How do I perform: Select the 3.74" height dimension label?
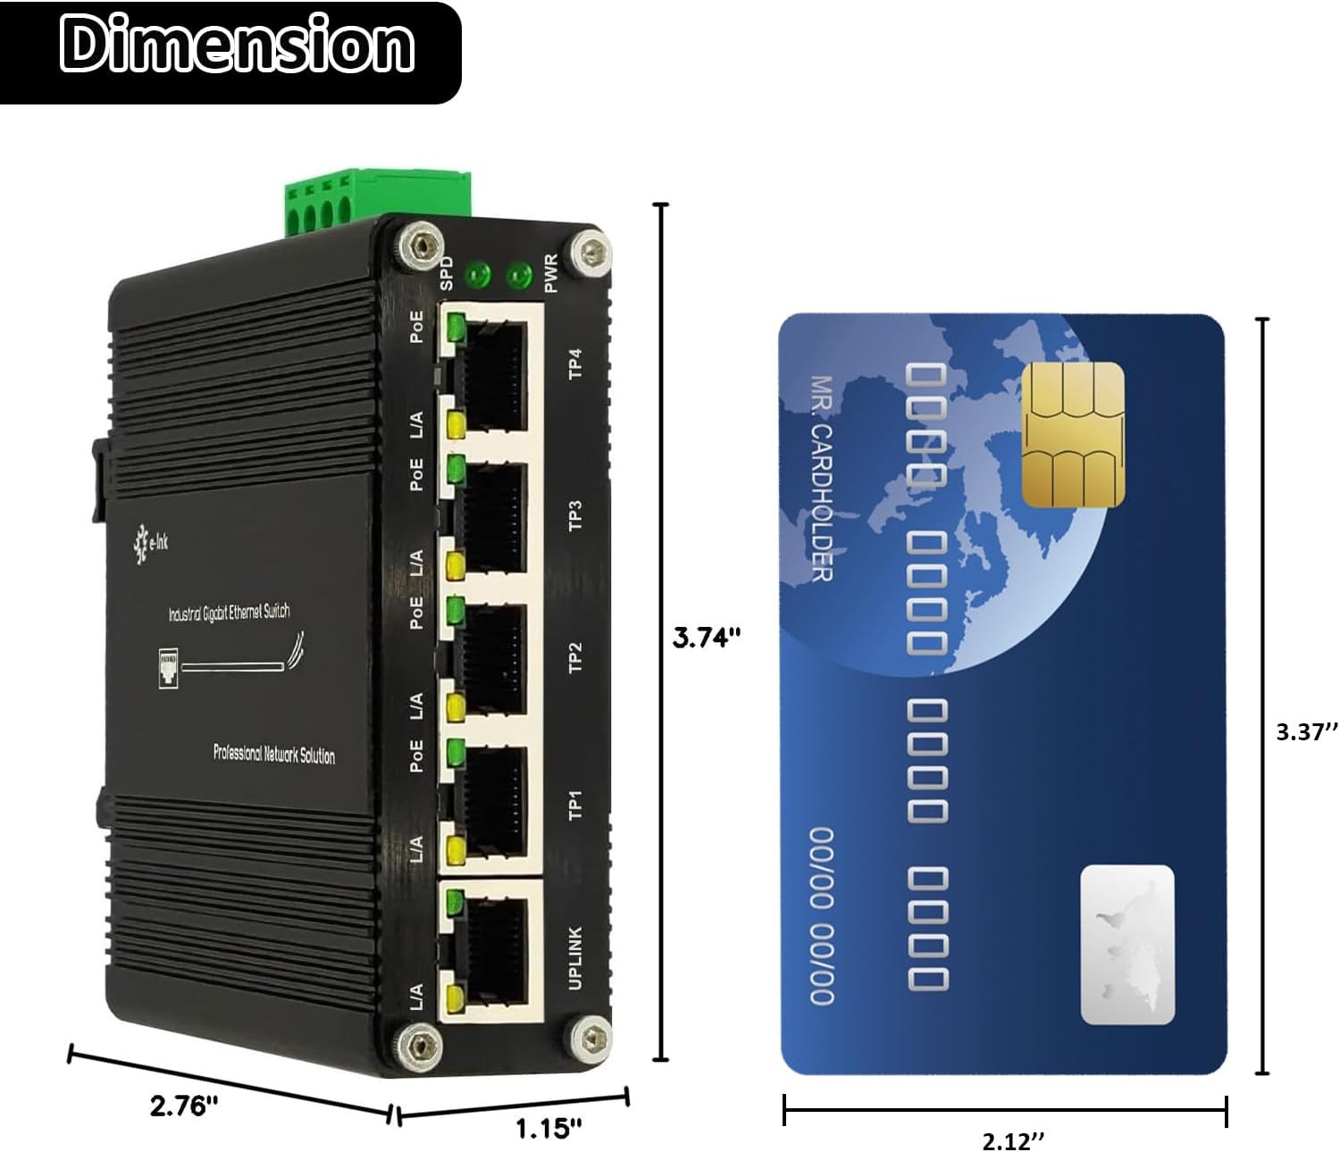pos(706,638)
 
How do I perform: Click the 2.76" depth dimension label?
pos(184,1106)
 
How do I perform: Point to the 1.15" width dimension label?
pos(549,1128)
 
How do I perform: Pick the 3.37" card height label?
pos(1306,732)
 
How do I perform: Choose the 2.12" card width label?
pos(1013,1140)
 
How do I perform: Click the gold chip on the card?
pos(1072,435)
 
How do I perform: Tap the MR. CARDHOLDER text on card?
pos(821,478)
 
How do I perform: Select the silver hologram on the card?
pos(1126,944)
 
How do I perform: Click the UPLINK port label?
pos(575,957)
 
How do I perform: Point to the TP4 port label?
pos(575,363)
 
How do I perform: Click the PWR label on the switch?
pos(550,272)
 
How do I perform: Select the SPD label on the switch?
pos(448,272)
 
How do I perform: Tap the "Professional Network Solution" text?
pos(273,755)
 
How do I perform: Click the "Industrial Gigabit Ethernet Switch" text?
pos(229,613)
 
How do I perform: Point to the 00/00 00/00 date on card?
pos(821,914)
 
